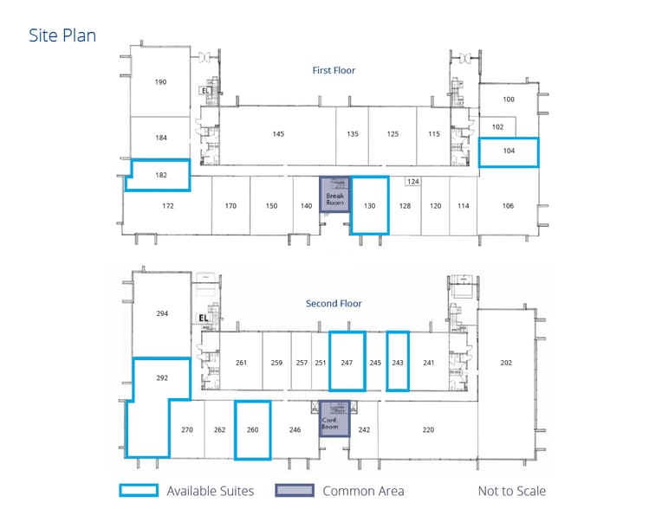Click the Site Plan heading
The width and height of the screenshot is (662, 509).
point(62,35)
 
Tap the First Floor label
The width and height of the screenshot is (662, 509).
point(334,71)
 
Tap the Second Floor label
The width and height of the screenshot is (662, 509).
point(334,304)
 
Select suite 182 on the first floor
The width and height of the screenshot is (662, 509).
point(160,175)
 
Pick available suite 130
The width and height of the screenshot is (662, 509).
point(370,205)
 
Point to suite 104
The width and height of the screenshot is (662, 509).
point(509,151)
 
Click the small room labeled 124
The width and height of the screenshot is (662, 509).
point(413,182)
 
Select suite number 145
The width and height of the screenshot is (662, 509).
point(278,134)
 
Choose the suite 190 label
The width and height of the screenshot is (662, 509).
point(160,82)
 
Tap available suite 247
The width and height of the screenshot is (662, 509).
point(347,363)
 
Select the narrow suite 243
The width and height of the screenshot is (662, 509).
point(398,363)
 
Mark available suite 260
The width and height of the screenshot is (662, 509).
point(253,429)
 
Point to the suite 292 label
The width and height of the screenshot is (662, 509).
point(162,378)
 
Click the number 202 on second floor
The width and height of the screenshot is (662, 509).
point(507,363)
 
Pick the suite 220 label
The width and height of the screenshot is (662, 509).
point(428,429)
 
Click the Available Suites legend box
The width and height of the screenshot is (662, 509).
point(139,491)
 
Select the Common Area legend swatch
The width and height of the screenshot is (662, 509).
point(295,491)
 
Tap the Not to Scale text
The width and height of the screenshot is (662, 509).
point(512,491)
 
